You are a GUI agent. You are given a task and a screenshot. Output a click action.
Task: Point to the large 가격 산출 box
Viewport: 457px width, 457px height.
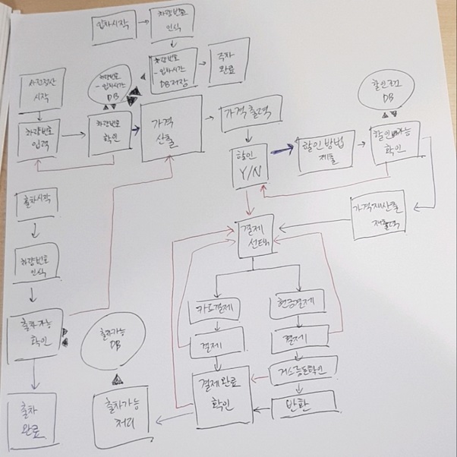172,128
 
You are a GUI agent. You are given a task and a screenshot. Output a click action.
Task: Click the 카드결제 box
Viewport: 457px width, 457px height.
213,310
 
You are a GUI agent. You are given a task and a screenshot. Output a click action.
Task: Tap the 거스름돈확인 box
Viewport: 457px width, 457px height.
303,372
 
